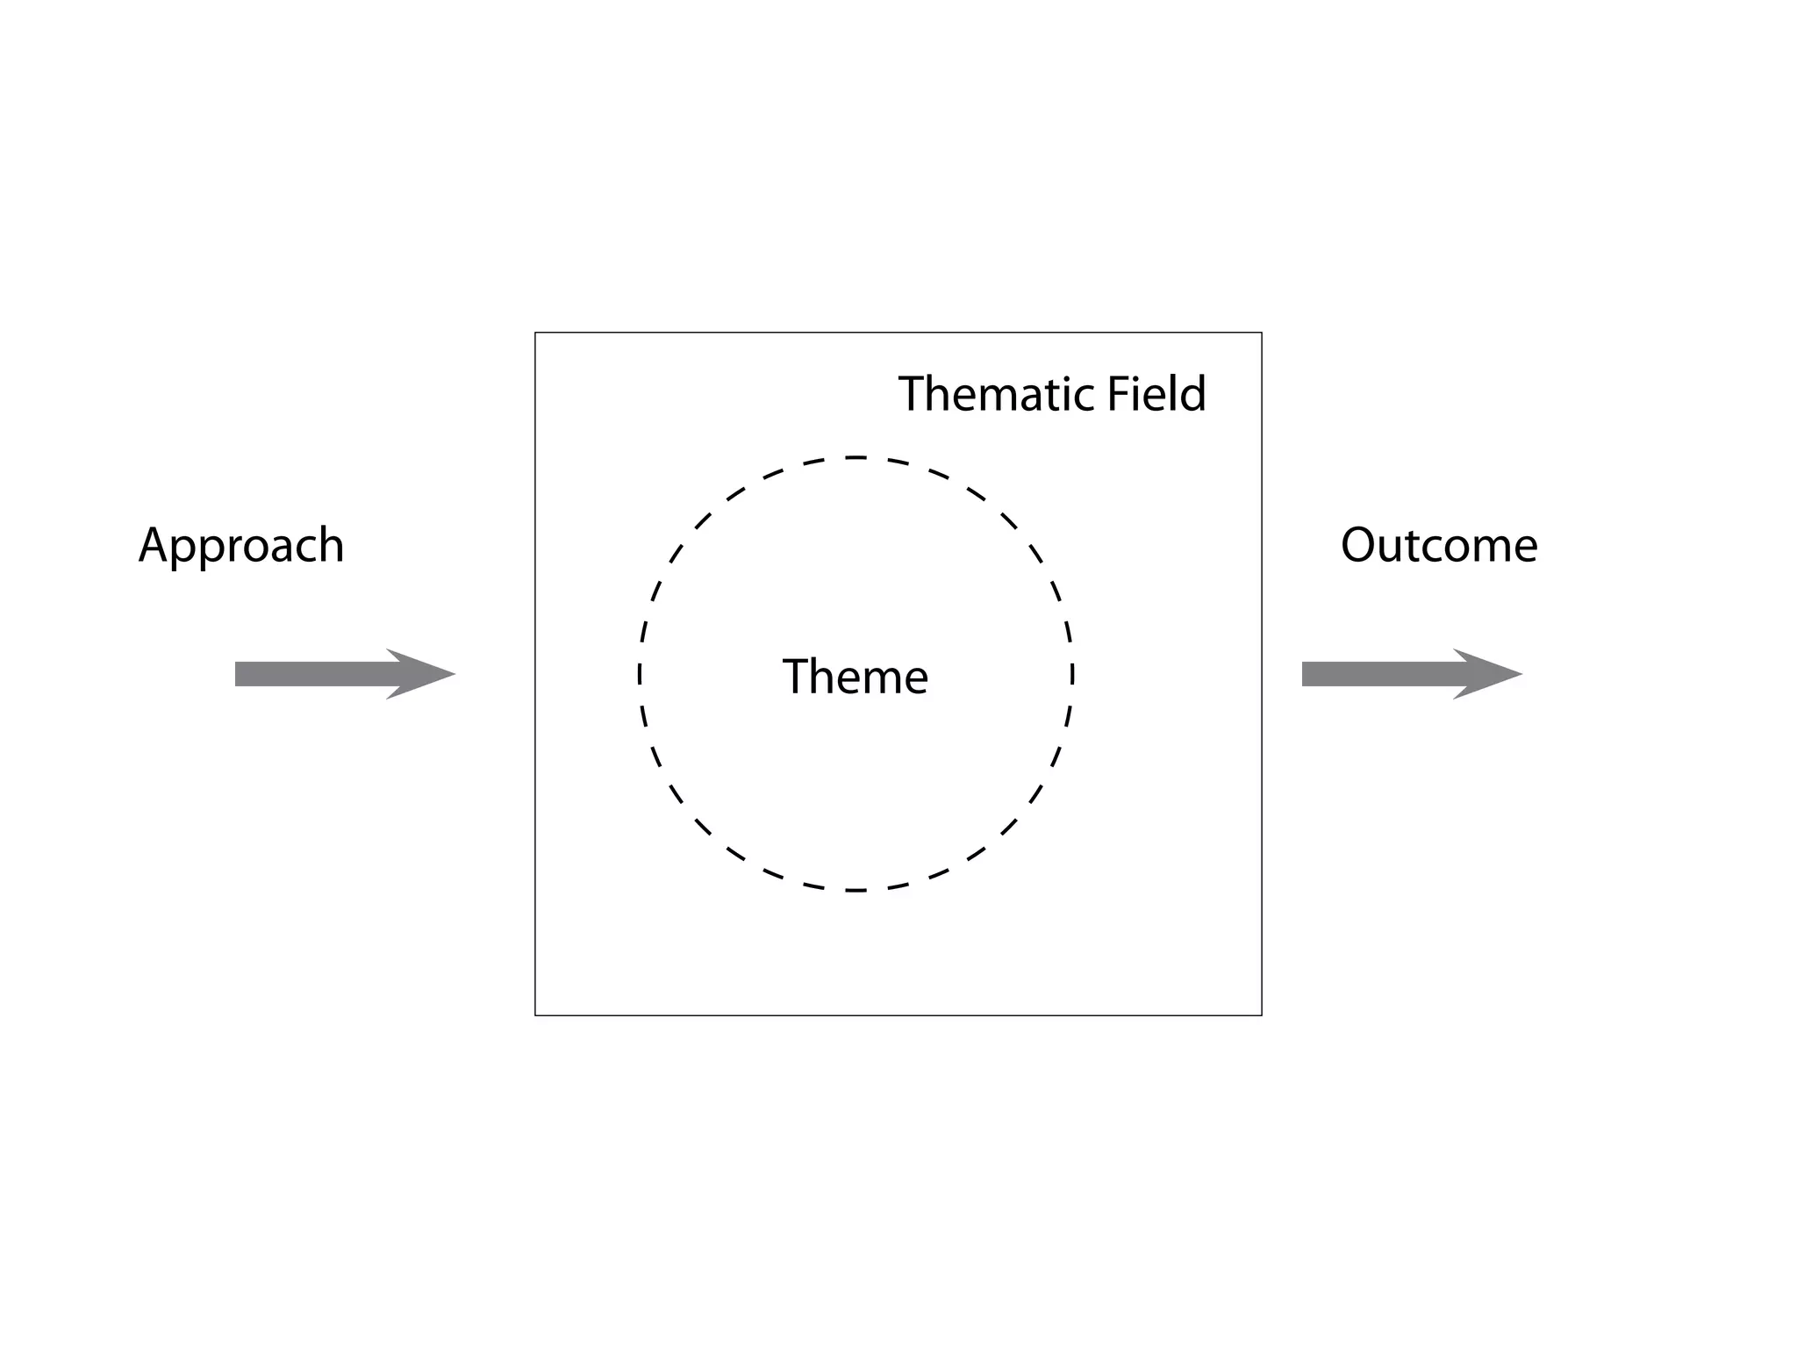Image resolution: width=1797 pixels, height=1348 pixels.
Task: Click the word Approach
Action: [241, 546]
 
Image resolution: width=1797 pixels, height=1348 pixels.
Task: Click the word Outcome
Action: [1439, 546]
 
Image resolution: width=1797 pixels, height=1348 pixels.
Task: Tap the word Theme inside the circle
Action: [855, 677]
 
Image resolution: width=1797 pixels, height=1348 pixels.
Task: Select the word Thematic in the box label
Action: [998, 394]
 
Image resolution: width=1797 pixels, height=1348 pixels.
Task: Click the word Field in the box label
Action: [1156, 394]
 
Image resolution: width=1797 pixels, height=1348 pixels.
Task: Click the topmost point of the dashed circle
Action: [856, 457]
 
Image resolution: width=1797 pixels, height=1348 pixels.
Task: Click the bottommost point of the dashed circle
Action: [856, 891]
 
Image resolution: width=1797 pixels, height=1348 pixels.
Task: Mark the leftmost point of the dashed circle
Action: [640, 674]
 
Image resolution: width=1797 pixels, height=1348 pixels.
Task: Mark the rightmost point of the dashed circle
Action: [1072, 674]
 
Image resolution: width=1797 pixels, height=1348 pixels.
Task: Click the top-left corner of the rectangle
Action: [535, 333]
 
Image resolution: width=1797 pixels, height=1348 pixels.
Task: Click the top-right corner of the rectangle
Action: [1262, 333]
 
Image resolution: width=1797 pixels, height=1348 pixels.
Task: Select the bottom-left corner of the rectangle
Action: [535, 1015]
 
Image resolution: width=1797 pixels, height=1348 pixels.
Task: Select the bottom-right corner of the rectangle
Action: [1262, 1015]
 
